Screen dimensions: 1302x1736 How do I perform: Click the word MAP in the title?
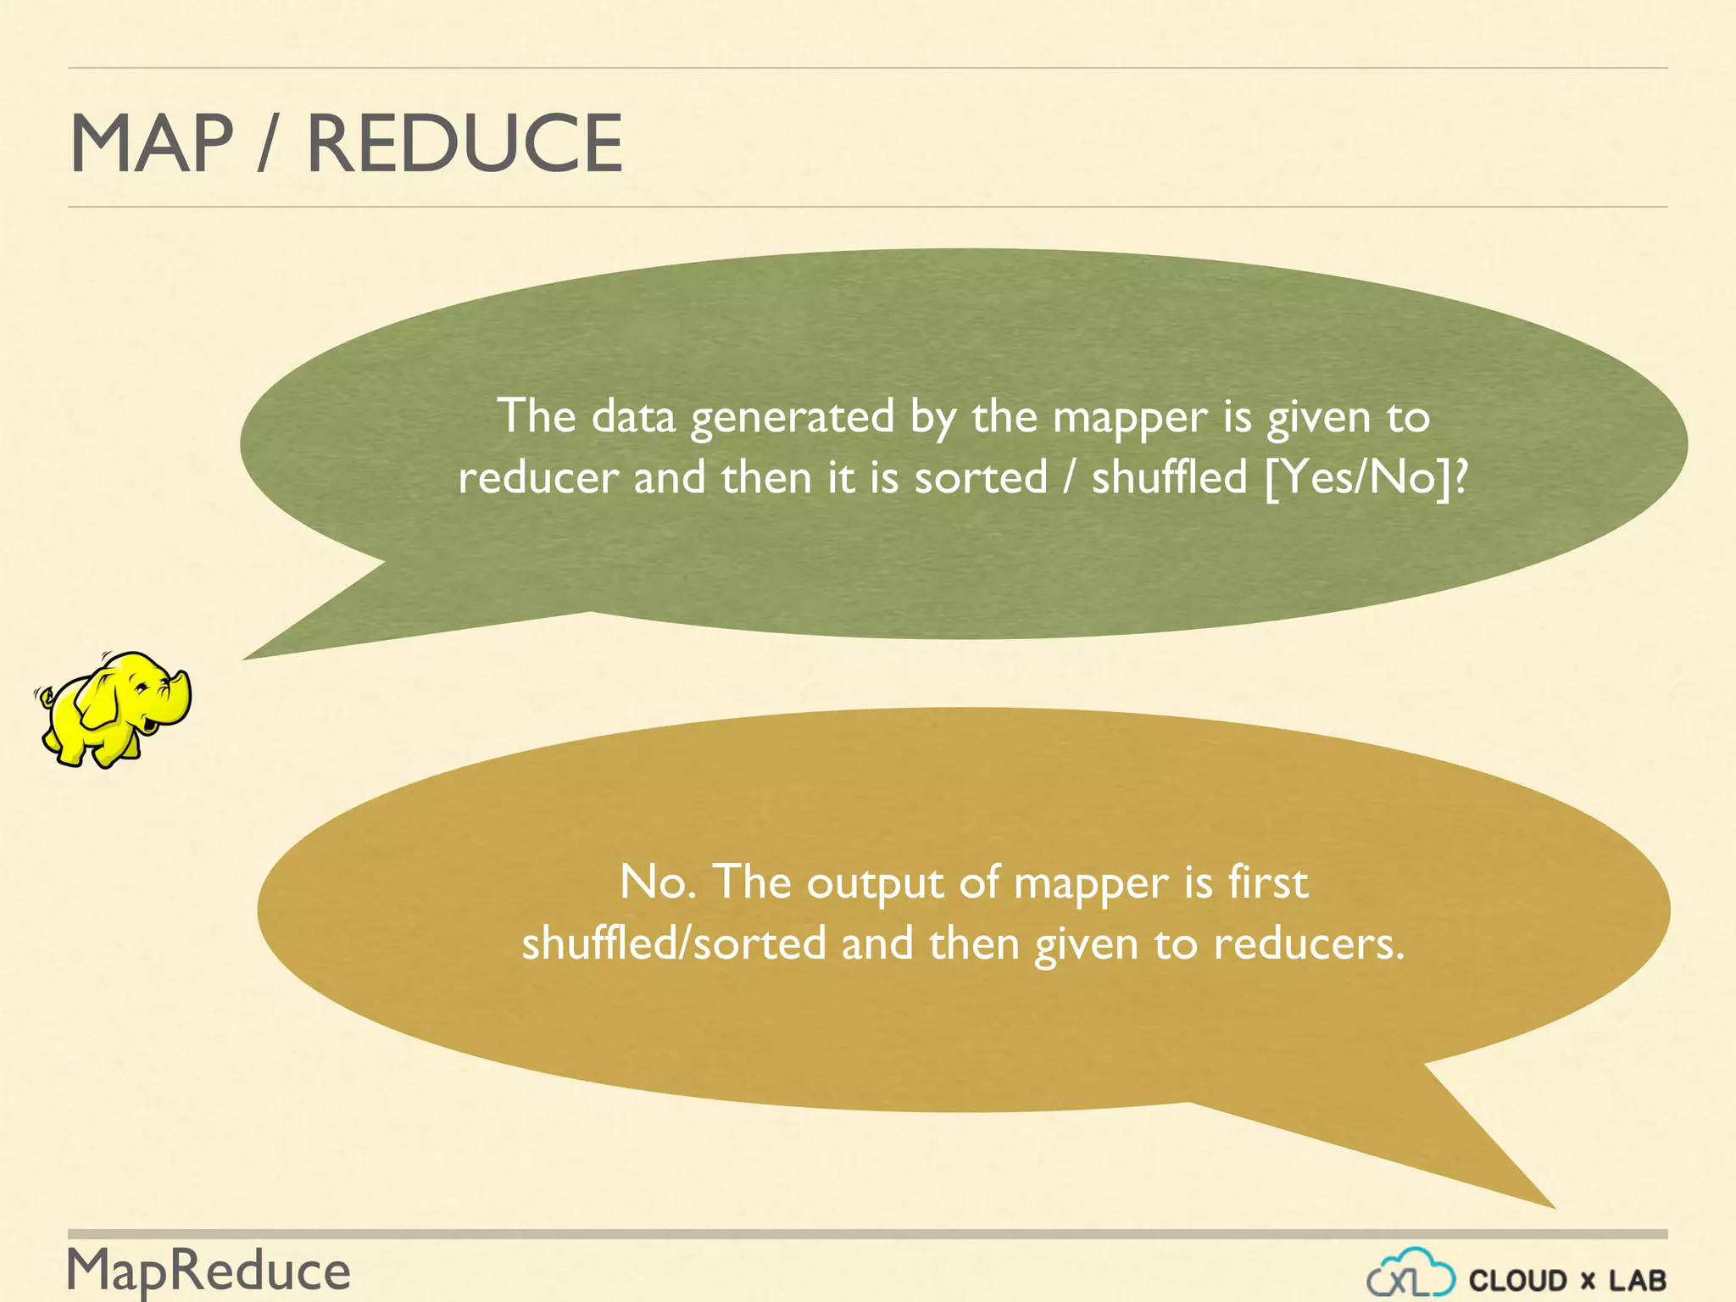tap(151, 143)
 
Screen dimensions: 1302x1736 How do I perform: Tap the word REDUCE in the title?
tap(465, 143)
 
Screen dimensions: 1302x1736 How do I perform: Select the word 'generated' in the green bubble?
tap(793, 417)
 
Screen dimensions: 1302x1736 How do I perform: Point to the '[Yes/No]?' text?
tap(1365, 477)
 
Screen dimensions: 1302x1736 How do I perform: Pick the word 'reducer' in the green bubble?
tap(538, 478)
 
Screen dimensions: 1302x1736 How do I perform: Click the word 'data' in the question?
tap(632, 416)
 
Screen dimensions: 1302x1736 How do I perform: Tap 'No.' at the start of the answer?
tap(658, 882)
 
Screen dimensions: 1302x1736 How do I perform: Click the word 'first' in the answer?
tap(1268, 882)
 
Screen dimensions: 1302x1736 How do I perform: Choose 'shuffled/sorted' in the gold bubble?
tap(673, 943)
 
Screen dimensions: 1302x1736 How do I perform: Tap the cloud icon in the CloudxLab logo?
tap(1410, 1273)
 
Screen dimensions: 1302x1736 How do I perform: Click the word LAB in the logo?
tap(1638, 1280)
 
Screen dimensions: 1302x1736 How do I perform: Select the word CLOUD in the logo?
tap(1518, 1280)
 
